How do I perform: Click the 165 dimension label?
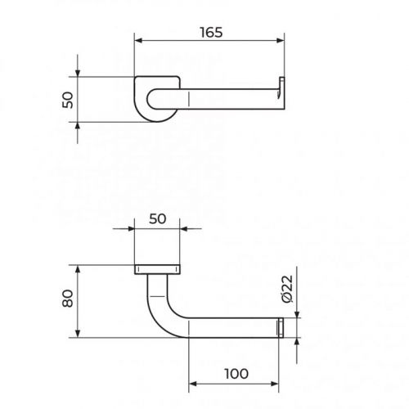tap(211, 32)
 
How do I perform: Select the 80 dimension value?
tap(68, 299)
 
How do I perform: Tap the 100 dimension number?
tap(236, 374)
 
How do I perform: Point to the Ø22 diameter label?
tap(287, 289)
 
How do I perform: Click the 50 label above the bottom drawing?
tap(157, 219)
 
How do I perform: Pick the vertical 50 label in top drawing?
tap(68, 100)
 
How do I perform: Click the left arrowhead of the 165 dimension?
tap(139, 41)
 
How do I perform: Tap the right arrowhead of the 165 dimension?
tap(281, 41)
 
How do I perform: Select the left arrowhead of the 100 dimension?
tap(193, 384)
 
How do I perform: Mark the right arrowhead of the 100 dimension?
tap(275, 384)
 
